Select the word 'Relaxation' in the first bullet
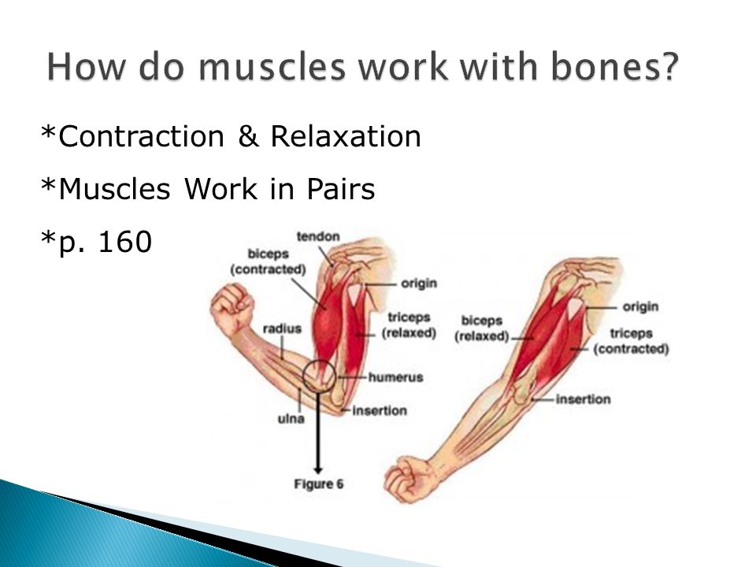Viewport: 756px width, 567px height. pyautogui.click(x=346, y=136)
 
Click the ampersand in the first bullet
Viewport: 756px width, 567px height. pyautogui.click(x=248, y=136)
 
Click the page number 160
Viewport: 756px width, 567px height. pyautogui.click(x=125, y=242)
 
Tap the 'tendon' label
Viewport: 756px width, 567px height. pyautogui.click(x=318, y=237)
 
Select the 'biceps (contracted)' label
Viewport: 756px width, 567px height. pyautogui.click(x=268, y=261)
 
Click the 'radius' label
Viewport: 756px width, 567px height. pyautogui.click(x=282, y=329)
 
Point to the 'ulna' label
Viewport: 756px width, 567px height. pyautogui.click(x=291, y=418)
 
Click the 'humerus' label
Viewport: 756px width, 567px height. pyautogui.click(x=396, y=377)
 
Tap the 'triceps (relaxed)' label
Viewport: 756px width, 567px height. pyautogui.click(x=409, y=325)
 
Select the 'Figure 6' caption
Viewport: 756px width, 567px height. pyautogui.click(x=319, y=484)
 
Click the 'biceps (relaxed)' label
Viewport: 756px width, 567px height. pyautogui.click(x=482, y=328)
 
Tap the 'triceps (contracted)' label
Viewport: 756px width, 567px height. pyautogui.click(x=631, y=341)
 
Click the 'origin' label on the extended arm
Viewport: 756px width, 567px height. pyautogui.click(x=640, y=306)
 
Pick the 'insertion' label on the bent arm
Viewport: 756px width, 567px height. pyautogui.click(x=380, y=411)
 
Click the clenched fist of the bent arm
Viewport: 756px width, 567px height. pyautogui.click(x=232, y=307)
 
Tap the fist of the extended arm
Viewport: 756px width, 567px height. pyautogui.click(x=407, y=480)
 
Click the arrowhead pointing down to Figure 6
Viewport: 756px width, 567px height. pyautogui.click(x=317, y=469)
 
